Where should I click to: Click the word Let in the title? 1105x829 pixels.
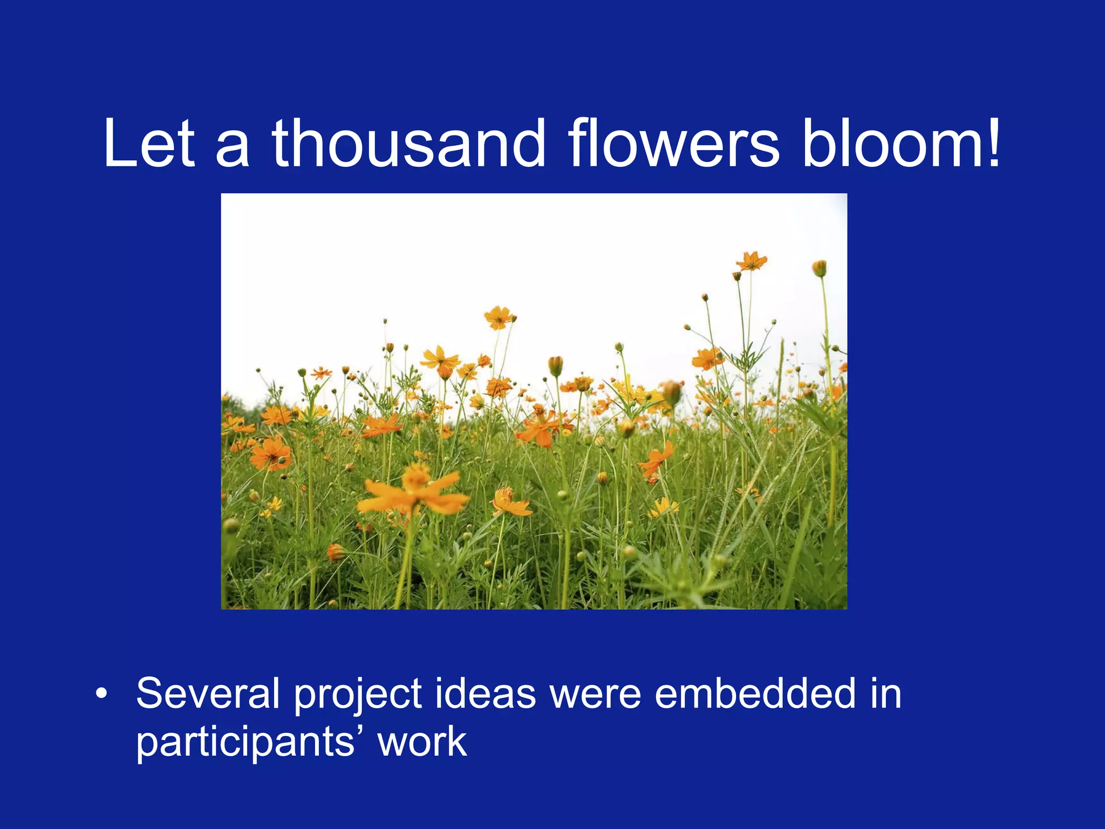(x=148, y=144)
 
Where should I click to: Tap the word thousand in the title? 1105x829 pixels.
(x=408, y=144)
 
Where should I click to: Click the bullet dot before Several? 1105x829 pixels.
(x=101, y=694)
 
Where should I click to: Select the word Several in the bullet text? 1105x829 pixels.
(x=208, y=694)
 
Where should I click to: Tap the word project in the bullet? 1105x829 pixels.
(x=358, y=696)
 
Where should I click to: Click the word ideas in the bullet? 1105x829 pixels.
(x=485, y=694)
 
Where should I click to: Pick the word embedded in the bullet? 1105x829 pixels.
(x=755, y=694)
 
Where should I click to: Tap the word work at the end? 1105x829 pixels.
(x=421, y=743)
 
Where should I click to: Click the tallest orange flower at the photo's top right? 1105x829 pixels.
(x=751, y=261)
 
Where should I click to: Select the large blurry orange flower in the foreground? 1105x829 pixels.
(x=413, y=493)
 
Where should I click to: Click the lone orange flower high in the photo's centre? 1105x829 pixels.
(x=498, y=317)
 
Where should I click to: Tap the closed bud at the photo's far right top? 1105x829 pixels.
(x=819, y=268)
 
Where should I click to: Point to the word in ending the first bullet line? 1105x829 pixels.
(x=885, y=694)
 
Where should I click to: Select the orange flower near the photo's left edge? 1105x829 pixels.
(x=270, y=453)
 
